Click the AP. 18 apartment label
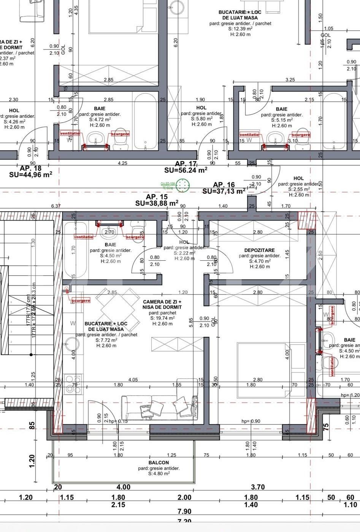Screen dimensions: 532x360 pyautogui.click(x=30, y=168)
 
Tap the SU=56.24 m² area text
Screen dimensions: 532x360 pyautogui.click(x=186, y=171)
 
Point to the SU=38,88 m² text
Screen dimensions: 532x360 pyautogui.click(x=157, y=203)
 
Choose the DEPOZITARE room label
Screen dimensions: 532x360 pyautogui.click(x=259, y=250)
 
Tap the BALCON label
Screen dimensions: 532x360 pyautogui.click(x=159, y=462)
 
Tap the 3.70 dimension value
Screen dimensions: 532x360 pyautogui.click(x=258, y=487)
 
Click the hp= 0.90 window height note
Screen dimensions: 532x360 pyautogui.click(x=251, y=421)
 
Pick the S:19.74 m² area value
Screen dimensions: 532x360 pyautogui.click(x=162, y=318)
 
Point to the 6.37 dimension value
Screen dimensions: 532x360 pyautogui.click(x=56, y=206)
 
